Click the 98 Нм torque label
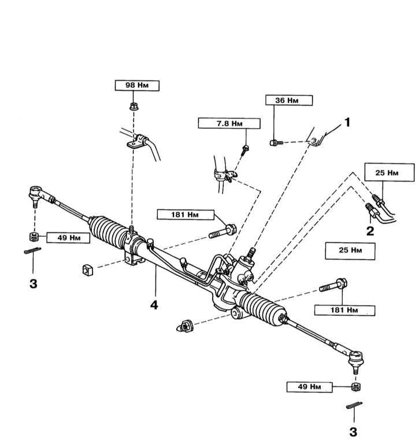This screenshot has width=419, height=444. click(137, 86)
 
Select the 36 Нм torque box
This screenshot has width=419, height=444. click(289, 100)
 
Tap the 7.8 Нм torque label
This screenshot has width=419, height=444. click(229, 124)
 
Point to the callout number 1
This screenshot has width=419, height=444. click(347, 123)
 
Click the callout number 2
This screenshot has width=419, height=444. click(370, 231)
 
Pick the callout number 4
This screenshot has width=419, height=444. click(154, 305)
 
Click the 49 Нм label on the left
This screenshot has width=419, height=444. click(68, 238)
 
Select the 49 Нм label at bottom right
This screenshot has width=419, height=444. click(309, 387)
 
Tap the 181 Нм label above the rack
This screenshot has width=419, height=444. click(186, 214)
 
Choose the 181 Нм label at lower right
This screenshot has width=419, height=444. click(344, 310)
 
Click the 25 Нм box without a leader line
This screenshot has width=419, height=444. click(350, 250)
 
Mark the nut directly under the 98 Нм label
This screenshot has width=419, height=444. click(134, 107)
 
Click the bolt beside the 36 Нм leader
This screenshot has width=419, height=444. click(276, 143)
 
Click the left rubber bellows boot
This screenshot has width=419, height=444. click(107, 231)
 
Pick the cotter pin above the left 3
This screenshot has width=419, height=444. click(32, 250)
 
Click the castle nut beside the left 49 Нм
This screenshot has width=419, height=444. click(34, 236)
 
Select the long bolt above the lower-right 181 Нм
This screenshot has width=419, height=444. click(333, 285)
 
